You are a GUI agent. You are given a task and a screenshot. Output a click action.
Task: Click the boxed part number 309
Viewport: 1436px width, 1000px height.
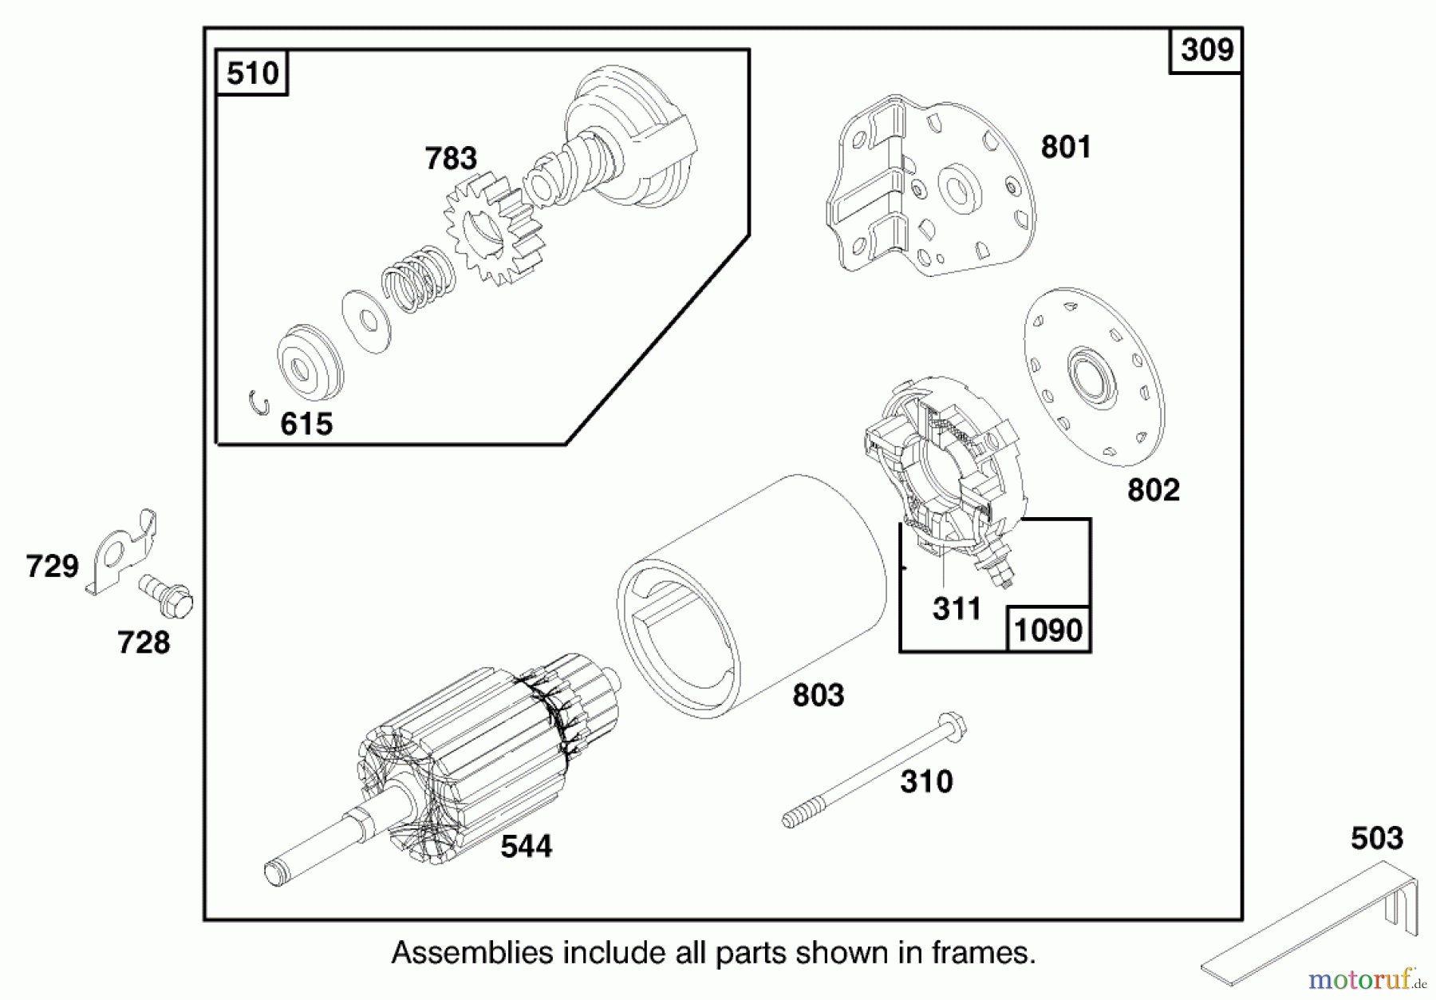pyautogui.click(x=1205, y=50)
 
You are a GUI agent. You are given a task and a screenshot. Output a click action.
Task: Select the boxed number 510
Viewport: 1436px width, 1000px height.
pyautogui.click(x=252, y=73)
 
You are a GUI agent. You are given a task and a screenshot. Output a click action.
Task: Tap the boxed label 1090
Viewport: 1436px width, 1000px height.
pyautogui.click(x=1047, y=630)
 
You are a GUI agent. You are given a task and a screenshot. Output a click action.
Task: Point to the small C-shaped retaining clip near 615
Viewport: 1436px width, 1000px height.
pyautogui.click(x=258, y=402)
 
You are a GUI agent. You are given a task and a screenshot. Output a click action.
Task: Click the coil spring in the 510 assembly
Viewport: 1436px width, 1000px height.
pyautogui.click(x=417, y=276)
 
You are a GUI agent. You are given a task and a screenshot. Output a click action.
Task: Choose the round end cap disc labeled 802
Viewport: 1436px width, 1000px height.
pyautogui.click(x=1092, y=377)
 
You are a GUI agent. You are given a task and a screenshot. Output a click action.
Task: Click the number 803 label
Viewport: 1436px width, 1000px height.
pyautogui.click(x=818, y=695)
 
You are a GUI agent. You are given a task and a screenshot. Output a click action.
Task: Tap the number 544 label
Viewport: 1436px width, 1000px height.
pyautogui.click(x=526, y=846)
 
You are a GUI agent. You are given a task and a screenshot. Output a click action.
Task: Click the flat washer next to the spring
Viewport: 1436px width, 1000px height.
pyautogui.click(x=366, y=321)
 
